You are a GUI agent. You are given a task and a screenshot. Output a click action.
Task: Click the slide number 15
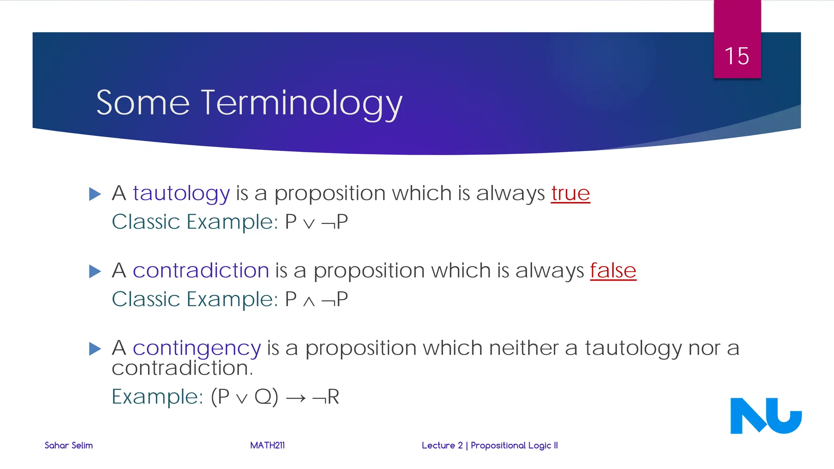tap(737, 56)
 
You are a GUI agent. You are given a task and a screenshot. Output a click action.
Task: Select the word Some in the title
tap(143, 103)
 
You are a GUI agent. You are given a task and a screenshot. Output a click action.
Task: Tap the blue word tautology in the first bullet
tap(181, 193)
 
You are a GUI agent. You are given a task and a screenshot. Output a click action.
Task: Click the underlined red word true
tap(570, 193)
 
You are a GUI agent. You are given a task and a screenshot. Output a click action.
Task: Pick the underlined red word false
tap(613, 271)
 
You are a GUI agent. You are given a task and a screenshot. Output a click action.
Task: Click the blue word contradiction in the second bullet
tap(201, 271)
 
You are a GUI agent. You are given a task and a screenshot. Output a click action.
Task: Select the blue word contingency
tap(197, 348)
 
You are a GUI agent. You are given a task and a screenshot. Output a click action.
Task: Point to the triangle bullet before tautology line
tap(95, 194)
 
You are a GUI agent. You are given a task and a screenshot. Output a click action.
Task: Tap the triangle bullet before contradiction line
tap(95, 271)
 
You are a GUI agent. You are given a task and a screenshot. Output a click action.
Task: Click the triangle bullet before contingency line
tap(95, 348)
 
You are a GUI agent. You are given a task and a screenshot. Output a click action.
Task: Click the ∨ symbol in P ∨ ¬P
tap(309, 224)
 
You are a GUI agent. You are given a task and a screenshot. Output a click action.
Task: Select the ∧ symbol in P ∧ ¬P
tap(309, 301)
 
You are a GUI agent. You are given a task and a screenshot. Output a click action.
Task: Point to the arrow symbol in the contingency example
tap(296, 398)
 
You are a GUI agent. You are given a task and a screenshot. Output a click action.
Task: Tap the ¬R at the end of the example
tap(326, 397)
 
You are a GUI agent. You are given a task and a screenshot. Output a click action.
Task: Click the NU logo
tap(766, 416)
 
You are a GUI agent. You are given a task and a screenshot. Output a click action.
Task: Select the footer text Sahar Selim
tap(68, 445)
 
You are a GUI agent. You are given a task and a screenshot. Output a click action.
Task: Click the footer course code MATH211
tap(267, 445)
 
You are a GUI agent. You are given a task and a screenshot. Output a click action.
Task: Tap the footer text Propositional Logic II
tap(514, 445)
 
